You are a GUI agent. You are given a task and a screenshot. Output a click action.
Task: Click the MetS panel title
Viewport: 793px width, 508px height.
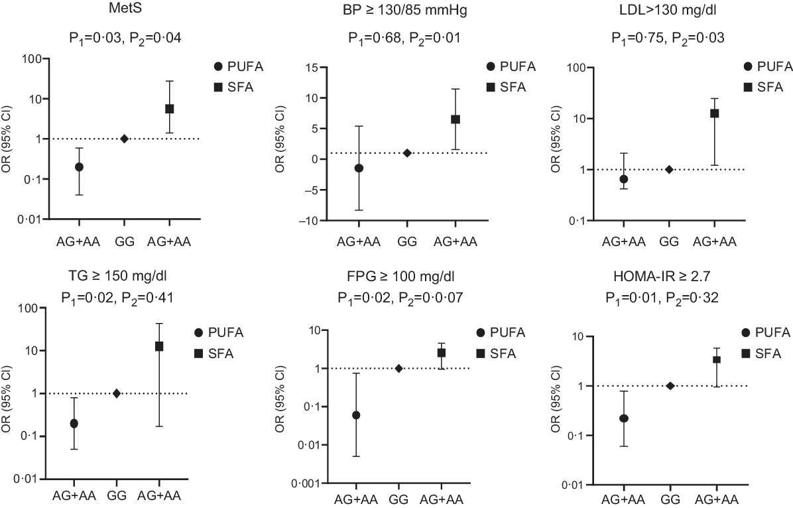(125, 9)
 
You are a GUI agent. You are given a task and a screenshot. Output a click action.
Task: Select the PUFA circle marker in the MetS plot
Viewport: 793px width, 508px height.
(79, 167)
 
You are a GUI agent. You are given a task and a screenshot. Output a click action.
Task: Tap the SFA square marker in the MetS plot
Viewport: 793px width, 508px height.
(170, 109)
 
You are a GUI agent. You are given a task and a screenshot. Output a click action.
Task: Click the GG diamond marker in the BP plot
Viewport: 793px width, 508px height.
(407, 153)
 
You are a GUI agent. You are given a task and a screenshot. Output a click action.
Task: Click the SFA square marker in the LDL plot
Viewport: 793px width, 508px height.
(714, 113)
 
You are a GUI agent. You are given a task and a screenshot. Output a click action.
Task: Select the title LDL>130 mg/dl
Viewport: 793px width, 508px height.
(668, 9)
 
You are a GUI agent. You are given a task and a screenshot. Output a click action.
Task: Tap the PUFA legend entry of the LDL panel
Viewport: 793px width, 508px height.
(768, 66)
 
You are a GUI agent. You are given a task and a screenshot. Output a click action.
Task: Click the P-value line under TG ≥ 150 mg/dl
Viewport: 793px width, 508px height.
(117, 298)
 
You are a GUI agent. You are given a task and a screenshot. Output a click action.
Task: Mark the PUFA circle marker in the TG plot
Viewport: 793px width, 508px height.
(74, 424)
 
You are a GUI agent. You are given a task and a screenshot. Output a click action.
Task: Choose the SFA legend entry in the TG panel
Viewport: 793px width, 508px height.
(214, 353)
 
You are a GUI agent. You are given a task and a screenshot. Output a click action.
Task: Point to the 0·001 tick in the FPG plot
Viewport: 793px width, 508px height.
(306, 483)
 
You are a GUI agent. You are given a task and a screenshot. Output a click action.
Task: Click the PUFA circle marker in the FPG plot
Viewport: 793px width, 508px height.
(356, 415)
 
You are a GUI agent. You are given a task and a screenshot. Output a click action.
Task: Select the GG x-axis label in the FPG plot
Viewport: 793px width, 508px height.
(398, 499)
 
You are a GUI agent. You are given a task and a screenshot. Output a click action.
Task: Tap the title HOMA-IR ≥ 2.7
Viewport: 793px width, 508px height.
(662, 277)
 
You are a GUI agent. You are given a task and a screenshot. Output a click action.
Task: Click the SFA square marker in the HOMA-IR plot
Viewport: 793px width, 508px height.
(717, 359)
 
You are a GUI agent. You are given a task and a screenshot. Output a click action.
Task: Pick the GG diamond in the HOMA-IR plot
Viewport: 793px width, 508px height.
(670, 386)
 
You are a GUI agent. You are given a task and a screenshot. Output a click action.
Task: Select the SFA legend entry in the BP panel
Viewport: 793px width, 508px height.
(507, 87)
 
